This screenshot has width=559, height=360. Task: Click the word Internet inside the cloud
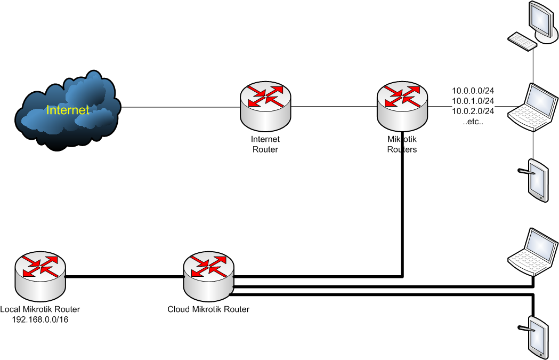coord(68,110)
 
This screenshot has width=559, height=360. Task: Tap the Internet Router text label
coord(265,145)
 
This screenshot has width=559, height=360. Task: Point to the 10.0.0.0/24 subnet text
coord(473,91)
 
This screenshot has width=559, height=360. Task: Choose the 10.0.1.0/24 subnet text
coord(473,101)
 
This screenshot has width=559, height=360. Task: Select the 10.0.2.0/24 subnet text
coord(473,111)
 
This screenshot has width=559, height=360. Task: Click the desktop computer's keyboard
coord(522,41)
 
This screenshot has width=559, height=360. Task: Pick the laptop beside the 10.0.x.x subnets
coord(533,106)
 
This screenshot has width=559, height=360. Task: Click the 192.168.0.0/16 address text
coord(40,319)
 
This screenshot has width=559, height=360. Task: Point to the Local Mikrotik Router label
coord(40,309)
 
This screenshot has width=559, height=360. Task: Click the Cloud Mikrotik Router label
coord(208,309)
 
